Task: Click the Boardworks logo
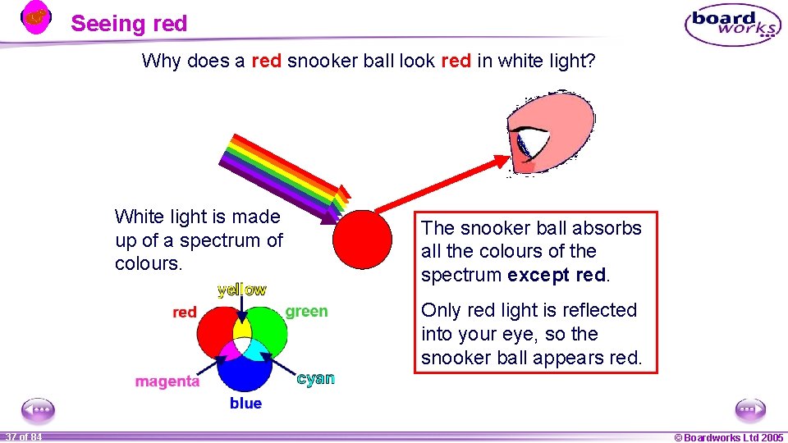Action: (x=733, y=25)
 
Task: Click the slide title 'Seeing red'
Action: (x=129, y=24)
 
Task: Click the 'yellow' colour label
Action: (x=241, y=290)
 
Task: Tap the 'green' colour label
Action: (x=306, y=312)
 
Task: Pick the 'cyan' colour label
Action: (x=316, y=378)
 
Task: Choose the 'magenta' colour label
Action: (x=167, y=381)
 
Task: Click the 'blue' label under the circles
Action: (x=245, y=404)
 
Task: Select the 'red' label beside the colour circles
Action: (x=185, y=313)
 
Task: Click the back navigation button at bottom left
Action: (x=38, y=409)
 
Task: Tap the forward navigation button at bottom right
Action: (x=749, y=409)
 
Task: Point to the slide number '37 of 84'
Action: (x=23, y=437)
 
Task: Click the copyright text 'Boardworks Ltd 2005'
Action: (x=730, y=437)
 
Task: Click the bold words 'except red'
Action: (x=557, y=275)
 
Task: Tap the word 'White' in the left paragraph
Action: (x=137, y=217)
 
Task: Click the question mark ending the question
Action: (x=589, y=61)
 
